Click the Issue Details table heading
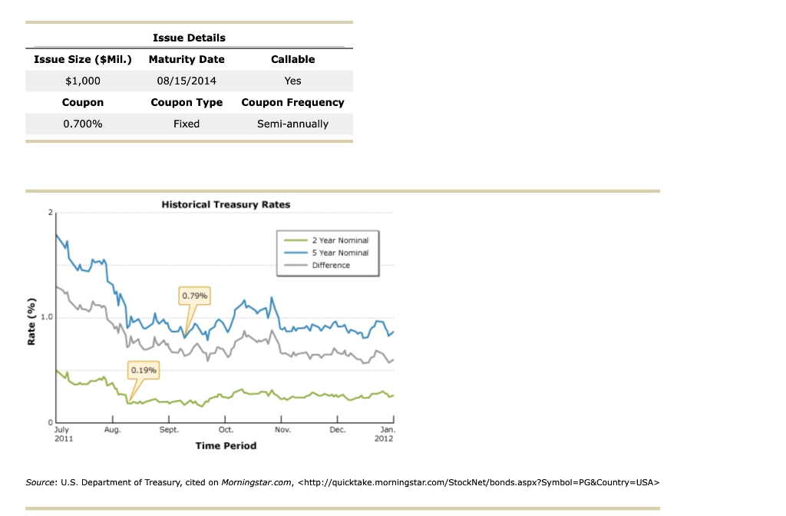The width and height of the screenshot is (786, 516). tap(189, 38)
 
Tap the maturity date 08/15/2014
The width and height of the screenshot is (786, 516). tap(187, 81)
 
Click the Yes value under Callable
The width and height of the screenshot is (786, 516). tap(292, 81)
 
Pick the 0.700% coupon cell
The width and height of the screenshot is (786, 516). tap(82, 124)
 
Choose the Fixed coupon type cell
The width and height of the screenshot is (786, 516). tap(187, 124)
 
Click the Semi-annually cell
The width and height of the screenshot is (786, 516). tap(292, 124)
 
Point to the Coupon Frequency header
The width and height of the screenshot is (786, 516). tap(292, 102)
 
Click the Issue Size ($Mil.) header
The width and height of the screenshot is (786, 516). tap(82, 59)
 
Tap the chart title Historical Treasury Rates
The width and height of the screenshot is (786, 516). tap(226, 205)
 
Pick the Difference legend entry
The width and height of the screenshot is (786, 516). tap(330, 265)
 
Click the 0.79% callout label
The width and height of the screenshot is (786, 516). tap(194, 296)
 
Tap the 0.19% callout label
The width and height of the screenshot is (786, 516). tap(144, 370)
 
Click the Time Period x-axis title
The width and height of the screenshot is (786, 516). tap(226, 445)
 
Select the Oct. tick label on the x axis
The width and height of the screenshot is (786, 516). tap(226, 431)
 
